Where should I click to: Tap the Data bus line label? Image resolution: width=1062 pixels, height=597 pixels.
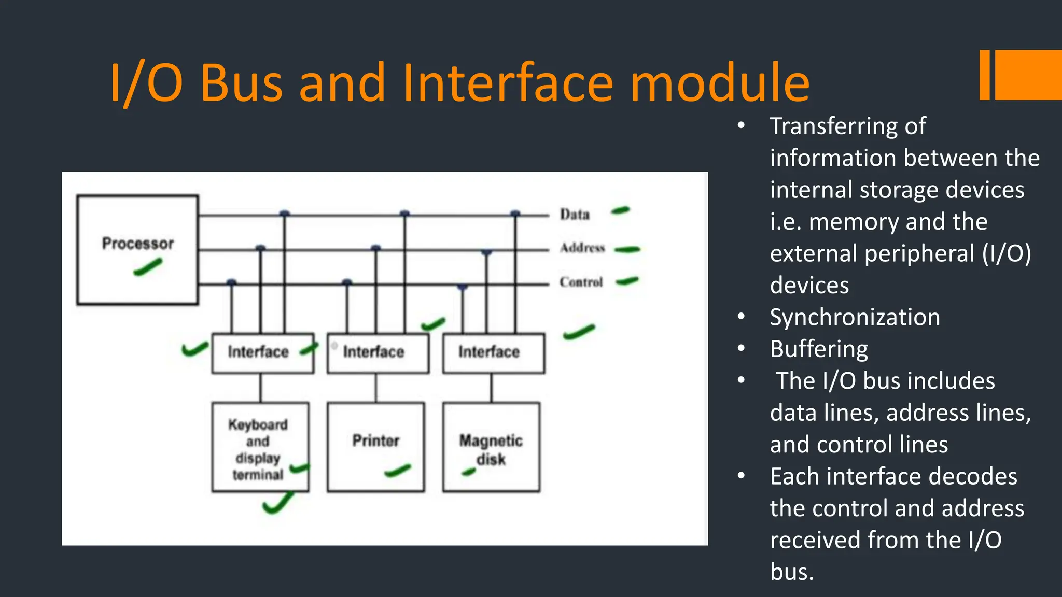[575, 215]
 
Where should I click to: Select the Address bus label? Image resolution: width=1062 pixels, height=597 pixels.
[582, 248]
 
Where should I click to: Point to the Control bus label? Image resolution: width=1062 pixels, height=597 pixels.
[581, 282]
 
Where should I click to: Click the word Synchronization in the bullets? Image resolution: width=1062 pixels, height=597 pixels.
[855, 317]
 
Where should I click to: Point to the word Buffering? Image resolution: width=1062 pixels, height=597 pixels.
[819, 349]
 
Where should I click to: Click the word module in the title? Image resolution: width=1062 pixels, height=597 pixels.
[720, 83]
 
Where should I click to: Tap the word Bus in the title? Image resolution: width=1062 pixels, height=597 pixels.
[241, 83]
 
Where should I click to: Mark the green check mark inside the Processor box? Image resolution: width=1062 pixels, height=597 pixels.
[148, 267]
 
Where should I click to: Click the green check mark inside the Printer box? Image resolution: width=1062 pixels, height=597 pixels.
[398, 471]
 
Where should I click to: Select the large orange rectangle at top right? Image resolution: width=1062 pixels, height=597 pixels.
[1029, 75]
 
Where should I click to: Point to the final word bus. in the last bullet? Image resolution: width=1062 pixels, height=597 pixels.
[791, 572]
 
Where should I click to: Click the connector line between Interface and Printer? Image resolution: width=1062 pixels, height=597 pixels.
[376, 388]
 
